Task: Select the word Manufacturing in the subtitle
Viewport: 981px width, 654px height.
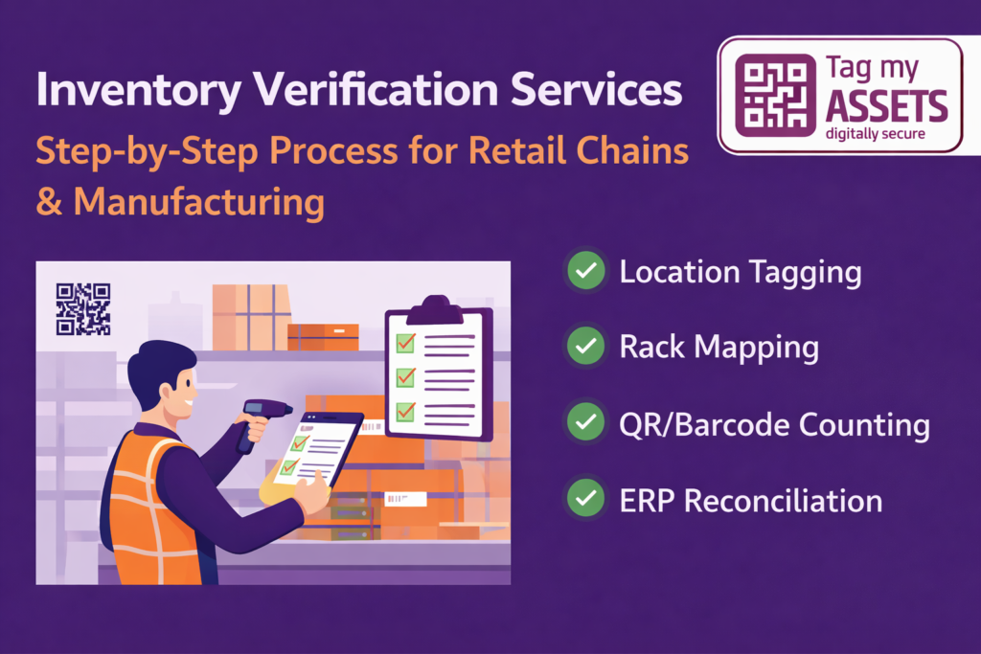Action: [198, 202]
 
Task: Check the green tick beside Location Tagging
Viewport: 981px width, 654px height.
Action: [585, 272]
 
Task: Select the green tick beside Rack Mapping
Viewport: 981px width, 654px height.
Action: [585, 347]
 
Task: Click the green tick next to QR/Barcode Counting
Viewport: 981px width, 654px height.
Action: [585, 423]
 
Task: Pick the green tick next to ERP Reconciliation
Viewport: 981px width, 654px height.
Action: [585, 499]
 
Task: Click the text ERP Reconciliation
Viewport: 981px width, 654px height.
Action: [750, 500]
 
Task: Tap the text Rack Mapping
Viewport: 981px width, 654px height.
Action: [719, 347]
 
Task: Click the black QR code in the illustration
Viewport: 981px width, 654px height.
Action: [83, 309]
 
